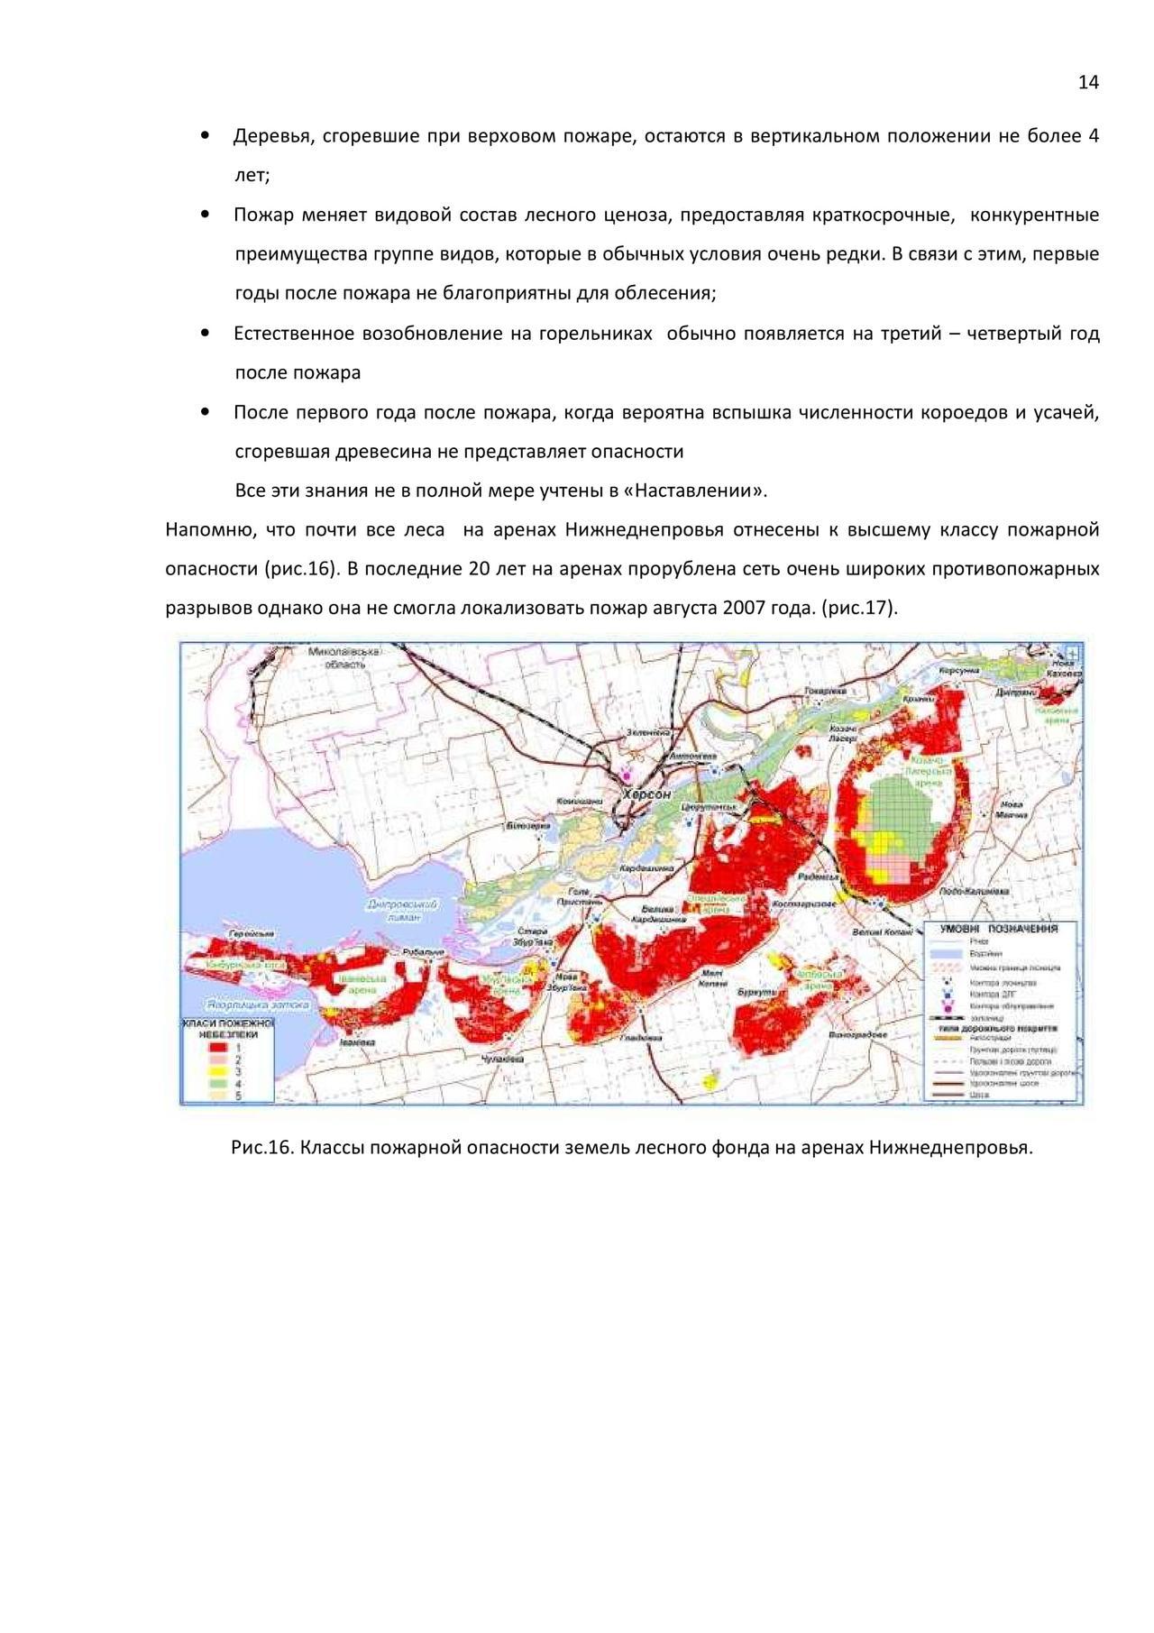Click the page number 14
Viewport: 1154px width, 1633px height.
click(1088, 83)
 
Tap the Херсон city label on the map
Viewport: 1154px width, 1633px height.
click(646, 794)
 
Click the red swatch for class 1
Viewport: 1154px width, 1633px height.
click(215, 1049)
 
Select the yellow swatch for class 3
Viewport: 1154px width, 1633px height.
click(215, 1072)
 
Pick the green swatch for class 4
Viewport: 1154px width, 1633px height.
click(215, 1084)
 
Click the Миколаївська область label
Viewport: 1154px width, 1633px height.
click(343, 657)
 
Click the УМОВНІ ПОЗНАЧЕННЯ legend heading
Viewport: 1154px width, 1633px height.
click(998, 928)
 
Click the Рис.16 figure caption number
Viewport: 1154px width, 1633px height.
click(262, 1148)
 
